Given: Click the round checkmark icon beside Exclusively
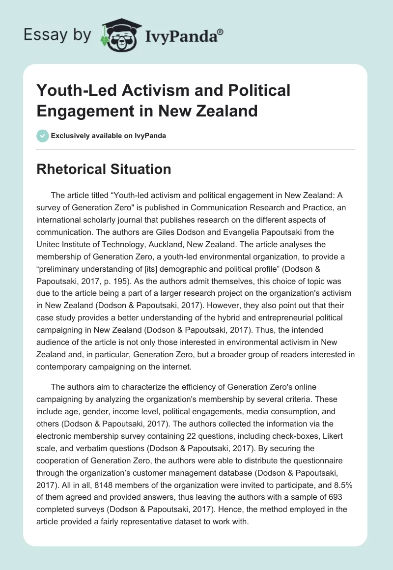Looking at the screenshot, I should (43, 136).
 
